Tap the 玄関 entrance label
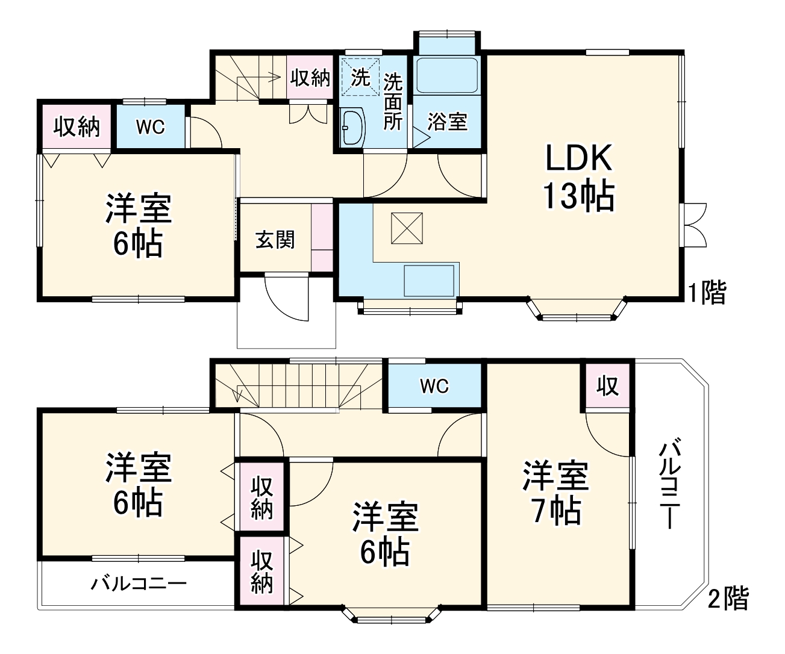click(x=275, y=240)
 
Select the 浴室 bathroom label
click(x=447, y=122)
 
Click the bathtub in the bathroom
click(x=447, y=75)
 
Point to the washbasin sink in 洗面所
click(x=352, y=127)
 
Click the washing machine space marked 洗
click(x=360, y=76)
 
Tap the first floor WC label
click(x=150, y=127)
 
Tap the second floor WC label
click(x=434, y=386)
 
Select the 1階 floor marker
click(x=708, y=293)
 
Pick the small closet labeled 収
click(x=608, y=386)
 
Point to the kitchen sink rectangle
click(x=428, y=281)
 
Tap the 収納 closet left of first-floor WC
click(x=77, y=127)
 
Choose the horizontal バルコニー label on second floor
click(x=139, y=584)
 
